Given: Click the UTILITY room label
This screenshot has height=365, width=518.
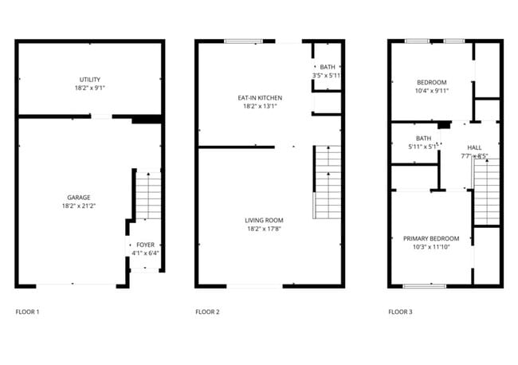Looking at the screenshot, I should [89, 80].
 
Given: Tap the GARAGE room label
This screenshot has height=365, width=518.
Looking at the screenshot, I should [78, 197].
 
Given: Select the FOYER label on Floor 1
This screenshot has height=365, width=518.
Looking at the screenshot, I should [146, 245].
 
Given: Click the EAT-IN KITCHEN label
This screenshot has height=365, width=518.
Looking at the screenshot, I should [260, 98].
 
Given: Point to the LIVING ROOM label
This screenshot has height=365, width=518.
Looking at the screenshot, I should [264, 220].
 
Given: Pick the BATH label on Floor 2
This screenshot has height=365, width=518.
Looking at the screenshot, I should [328, 68].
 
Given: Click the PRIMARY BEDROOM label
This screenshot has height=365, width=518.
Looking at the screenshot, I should [431, 239].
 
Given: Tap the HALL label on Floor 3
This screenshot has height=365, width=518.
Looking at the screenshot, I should [474, 147].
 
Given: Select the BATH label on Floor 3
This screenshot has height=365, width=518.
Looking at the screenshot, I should [422, 138].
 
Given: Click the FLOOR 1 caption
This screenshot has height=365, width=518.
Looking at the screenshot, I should [27, 312].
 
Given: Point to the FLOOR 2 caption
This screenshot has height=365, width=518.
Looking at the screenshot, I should [207, 312].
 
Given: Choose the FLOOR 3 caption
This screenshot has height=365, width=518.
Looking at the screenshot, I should [400, 312].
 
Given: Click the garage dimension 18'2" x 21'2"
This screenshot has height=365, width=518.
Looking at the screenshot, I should [78, 206].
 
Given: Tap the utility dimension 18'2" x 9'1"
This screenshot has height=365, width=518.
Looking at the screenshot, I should [89, 88].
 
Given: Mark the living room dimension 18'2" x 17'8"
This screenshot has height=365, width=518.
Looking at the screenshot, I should [264, 229].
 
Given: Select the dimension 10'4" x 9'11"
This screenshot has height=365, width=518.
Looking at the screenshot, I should [431, 90].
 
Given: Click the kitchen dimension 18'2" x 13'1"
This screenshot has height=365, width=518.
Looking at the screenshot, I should [260, 106].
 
